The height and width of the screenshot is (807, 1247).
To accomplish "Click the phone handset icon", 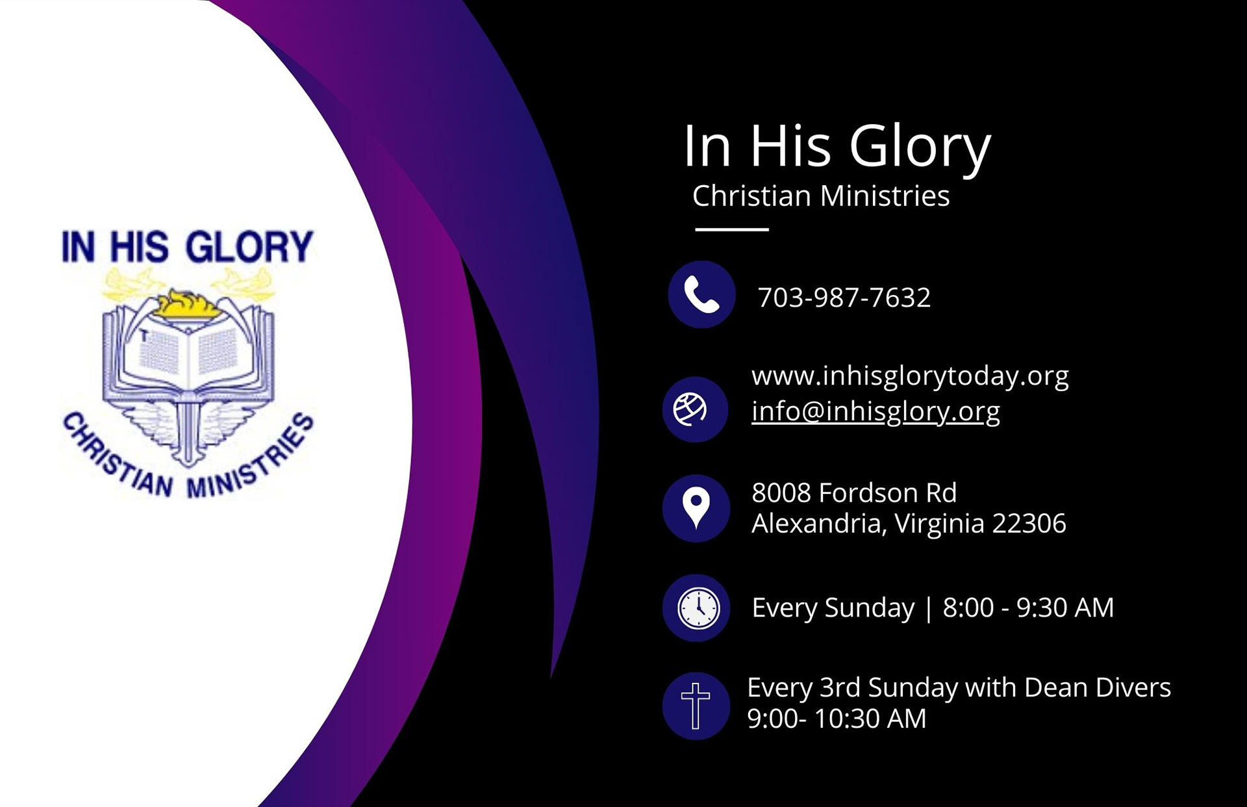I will point(701,295).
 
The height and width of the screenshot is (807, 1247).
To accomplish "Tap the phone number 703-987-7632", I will point(844,298).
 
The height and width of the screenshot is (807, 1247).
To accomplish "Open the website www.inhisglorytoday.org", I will point(909,376).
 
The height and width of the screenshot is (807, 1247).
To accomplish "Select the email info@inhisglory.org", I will point(875,411).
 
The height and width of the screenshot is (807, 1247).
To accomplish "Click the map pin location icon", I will point(696,508).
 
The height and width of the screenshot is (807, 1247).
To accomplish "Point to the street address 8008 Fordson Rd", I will point(853,493).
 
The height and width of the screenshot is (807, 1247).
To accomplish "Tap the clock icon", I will point(698,608).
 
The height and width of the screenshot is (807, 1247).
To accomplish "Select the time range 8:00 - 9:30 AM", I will point(1027,608).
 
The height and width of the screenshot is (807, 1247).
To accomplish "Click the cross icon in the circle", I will point(695,706).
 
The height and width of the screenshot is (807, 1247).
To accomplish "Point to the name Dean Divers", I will point(1097,687).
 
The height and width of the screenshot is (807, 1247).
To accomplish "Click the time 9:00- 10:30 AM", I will point(836,719).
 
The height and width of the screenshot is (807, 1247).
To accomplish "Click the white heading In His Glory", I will point(837,146).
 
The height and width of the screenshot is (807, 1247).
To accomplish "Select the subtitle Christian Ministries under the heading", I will point(820,196).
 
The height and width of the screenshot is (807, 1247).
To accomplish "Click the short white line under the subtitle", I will point(731,229).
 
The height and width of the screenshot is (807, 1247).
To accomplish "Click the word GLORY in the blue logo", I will point(249,247).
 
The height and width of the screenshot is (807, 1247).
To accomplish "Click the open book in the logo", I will point(188,354).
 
